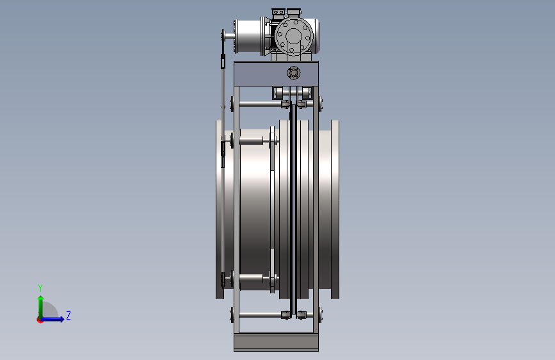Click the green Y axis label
pyautogui.click(x=40, y=288)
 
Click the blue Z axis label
pyautogui.click(x=68, y=315)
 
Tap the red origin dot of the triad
pyautogui.click(x=40, y=320)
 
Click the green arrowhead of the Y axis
pyautogui.click(x=41, y=299)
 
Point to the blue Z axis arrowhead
pyautogui.click(x=62, y=319)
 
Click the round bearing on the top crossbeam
pyautogui.click(x=293, y=73)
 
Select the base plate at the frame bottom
pyautogui.click(x=276, y=342)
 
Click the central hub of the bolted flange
pyautogui.click(x=293, y=36)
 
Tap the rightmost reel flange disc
pyautogui.click(x=335, y=209)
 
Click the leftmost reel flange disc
pyautogui.click(x=220, y=209)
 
